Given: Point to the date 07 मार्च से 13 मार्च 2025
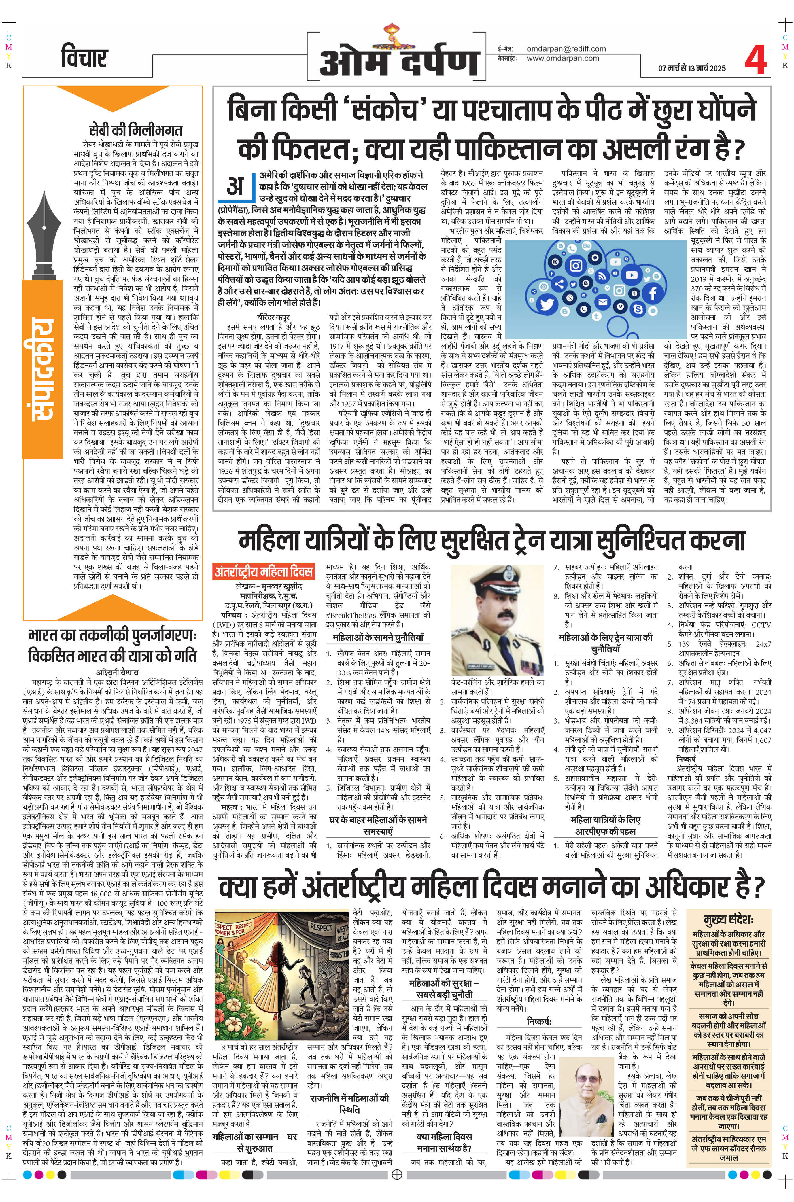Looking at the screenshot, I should point(692,68).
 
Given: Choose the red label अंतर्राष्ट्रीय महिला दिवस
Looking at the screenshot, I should point(264,572).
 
